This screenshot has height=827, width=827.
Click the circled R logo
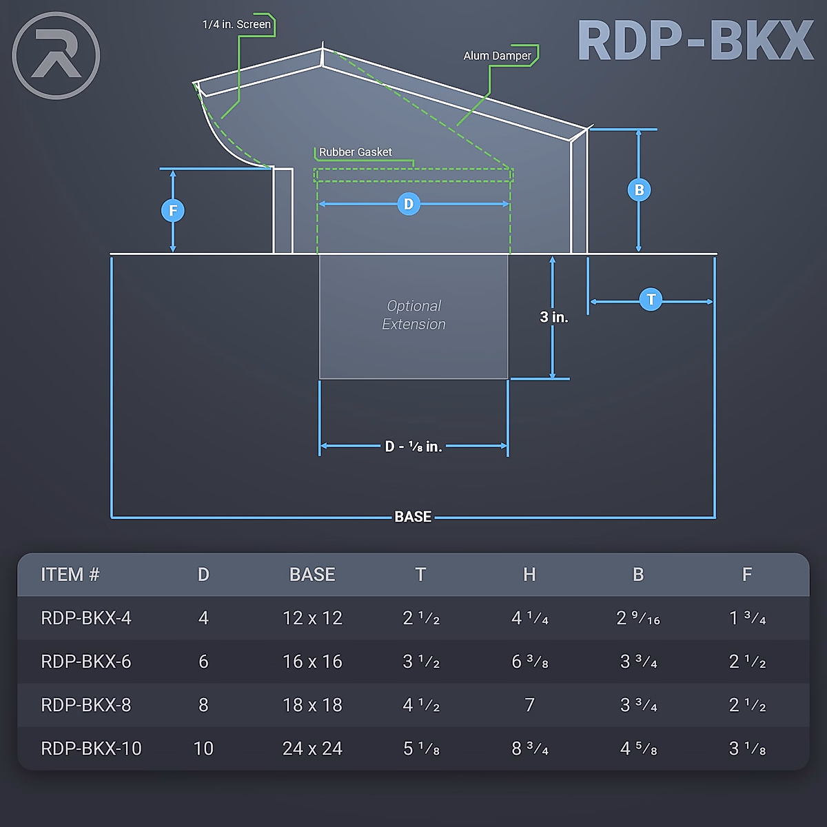[x=56, y=55]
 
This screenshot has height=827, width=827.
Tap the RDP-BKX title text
[x=695, y=41]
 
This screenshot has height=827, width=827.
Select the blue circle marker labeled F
[x=173, y=210]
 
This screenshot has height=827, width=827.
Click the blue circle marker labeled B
[x=639, y=190]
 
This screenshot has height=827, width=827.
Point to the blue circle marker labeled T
[x=651, y=300]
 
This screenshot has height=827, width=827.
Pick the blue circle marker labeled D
[x=409, y=204]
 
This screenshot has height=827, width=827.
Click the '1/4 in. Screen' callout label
[x=236, y=25]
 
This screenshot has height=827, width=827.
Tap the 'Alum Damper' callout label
[x=497, y=56]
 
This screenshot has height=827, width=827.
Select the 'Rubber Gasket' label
[x=355, y=152]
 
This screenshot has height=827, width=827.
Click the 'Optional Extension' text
[x=413, y=315]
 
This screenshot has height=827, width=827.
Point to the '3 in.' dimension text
[x=553, y=317]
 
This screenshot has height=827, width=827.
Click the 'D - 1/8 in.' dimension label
[x=413, y=447]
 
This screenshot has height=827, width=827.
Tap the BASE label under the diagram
[x=413, y=517]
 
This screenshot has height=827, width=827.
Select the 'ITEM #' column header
[x=70, y=575]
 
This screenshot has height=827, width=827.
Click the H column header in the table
[x=529, y=575]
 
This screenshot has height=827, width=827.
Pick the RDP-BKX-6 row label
[x=86, y=662]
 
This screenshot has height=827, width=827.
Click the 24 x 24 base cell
[x=312, y=748]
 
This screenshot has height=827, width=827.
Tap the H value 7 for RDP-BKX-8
[x=529, y=705]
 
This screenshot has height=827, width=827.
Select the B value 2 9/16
[x=638, y=618]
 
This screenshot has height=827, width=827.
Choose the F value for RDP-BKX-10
[x=747, y=748]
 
